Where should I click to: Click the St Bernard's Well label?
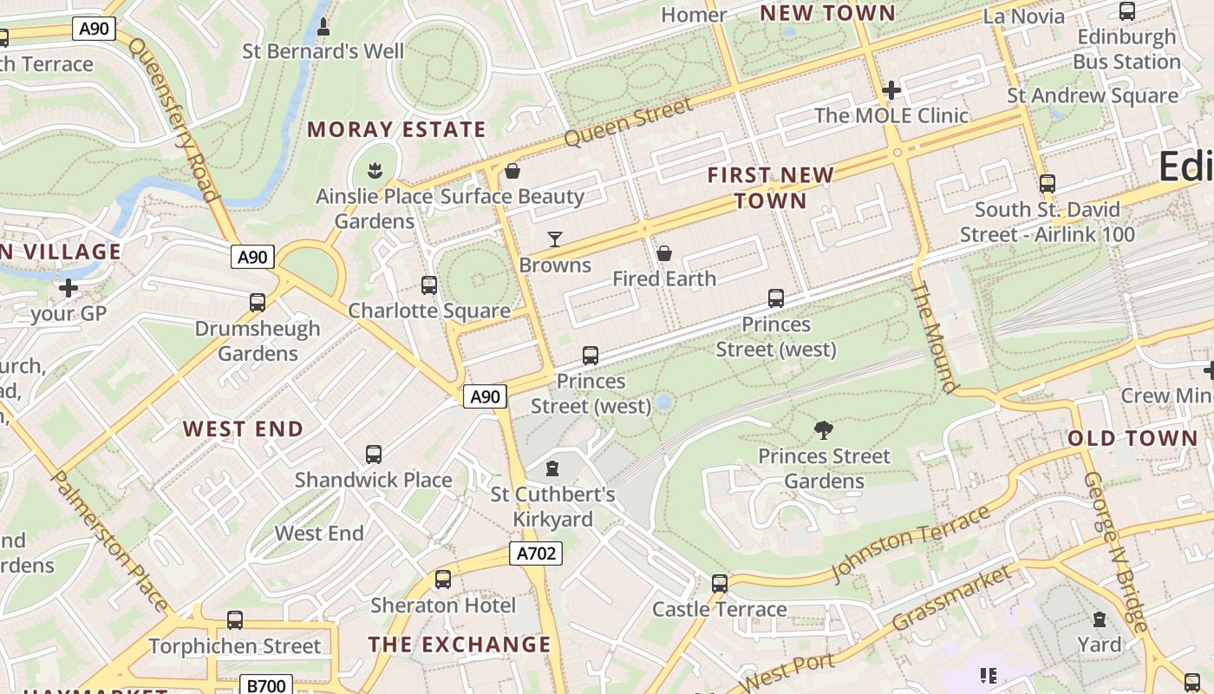[323, 51]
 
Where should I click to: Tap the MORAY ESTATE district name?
[396, 130]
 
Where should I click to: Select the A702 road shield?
[535, 553]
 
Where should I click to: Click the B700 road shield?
[265, 685]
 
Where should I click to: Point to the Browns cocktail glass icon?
[555, 239]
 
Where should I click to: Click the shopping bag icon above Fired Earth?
[664, 253]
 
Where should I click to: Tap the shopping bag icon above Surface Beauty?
[512, 171]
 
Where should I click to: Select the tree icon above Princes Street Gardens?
[824, 430]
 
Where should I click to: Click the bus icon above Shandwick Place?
[374, 454]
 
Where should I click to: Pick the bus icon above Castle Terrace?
[719, 584]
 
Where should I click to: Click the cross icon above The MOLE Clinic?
[891, 89]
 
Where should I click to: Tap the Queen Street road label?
[629, 122]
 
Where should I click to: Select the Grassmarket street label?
[952, 599]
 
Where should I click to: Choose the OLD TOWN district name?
[1132, 438]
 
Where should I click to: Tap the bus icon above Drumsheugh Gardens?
[258, 303]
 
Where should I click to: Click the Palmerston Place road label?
[109, 539]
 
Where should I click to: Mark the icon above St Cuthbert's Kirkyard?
[552, 469]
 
